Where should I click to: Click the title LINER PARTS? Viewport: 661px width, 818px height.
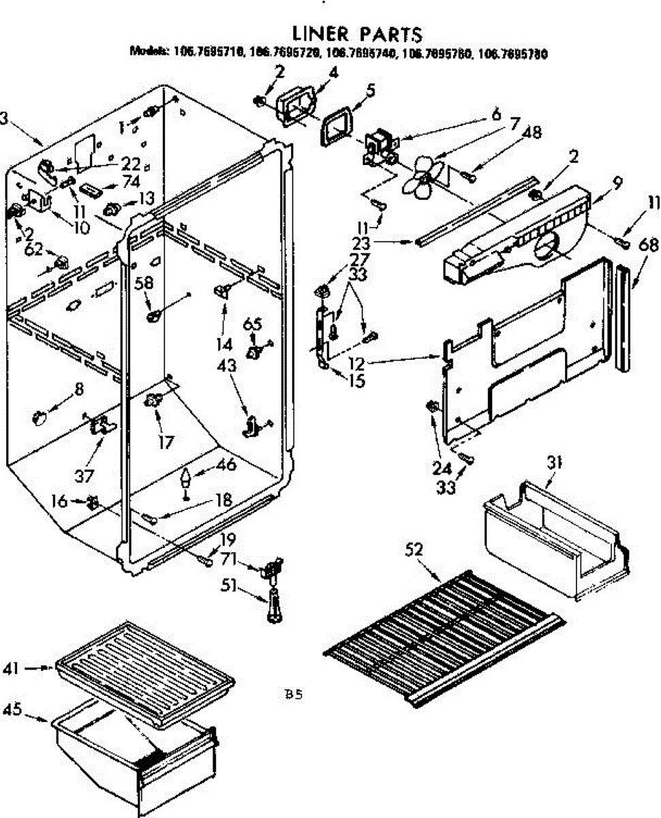coord(357,34)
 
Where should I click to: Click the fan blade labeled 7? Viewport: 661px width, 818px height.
coord(418,175)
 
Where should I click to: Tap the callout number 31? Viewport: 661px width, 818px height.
coord(555,463)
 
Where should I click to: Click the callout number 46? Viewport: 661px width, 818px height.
coord(226,465)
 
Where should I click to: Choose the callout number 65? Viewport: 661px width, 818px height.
coord(253,324)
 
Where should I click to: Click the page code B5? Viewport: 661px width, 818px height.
coord(293,696)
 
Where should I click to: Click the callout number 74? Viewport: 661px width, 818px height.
coord(132,181)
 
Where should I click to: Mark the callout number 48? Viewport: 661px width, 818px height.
coord(532,133)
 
